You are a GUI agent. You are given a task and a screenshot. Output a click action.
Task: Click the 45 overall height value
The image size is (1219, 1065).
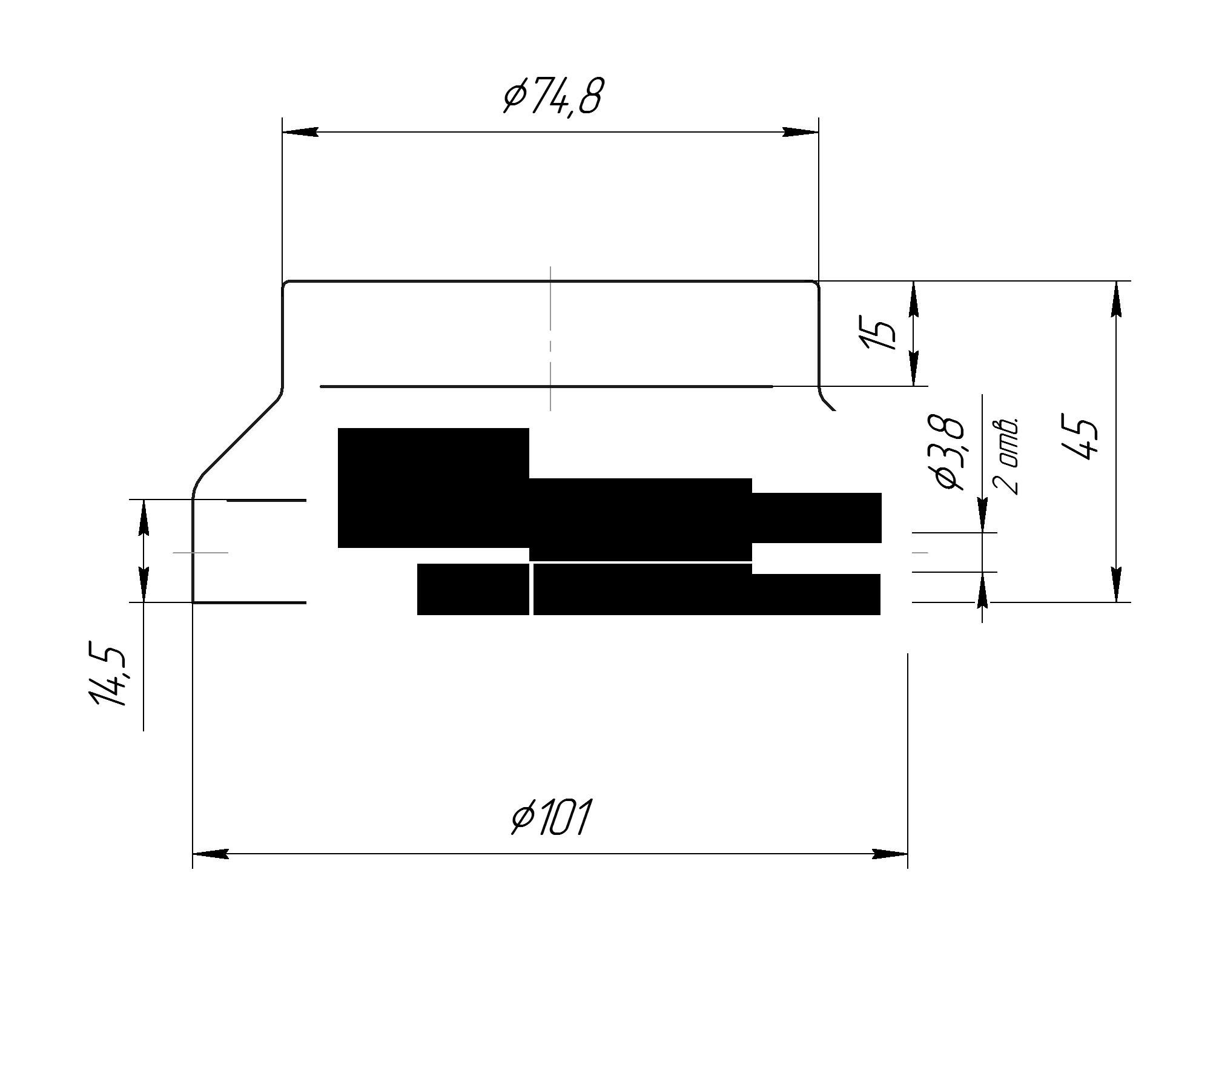(x=1080, y=438)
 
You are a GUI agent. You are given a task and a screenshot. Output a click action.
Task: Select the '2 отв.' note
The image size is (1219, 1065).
(x=1006, y=455)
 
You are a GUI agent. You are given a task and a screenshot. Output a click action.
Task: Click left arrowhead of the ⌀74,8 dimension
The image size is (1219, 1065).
(x=300, y=132)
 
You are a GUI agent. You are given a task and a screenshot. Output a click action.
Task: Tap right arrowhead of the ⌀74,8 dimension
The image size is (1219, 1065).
(x=801, y=132)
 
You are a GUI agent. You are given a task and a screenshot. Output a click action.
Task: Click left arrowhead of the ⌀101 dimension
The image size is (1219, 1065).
(x=210, y=854)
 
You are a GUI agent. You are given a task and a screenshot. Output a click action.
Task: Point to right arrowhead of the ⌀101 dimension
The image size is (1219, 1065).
(x=890, y=854)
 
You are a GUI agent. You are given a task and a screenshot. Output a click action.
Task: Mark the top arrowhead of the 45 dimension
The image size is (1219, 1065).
(x=1116, y=298)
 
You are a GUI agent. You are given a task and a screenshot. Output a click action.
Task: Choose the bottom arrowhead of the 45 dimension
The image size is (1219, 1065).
(x=1116, y=584)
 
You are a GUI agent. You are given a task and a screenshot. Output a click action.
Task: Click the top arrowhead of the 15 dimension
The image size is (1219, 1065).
(x=914, y=298)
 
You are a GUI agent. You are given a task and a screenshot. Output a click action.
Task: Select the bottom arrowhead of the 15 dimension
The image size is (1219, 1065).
(x=914, y=368)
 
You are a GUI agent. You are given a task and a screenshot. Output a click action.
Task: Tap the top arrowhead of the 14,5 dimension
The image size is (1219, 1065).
(x=144, y=518)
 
